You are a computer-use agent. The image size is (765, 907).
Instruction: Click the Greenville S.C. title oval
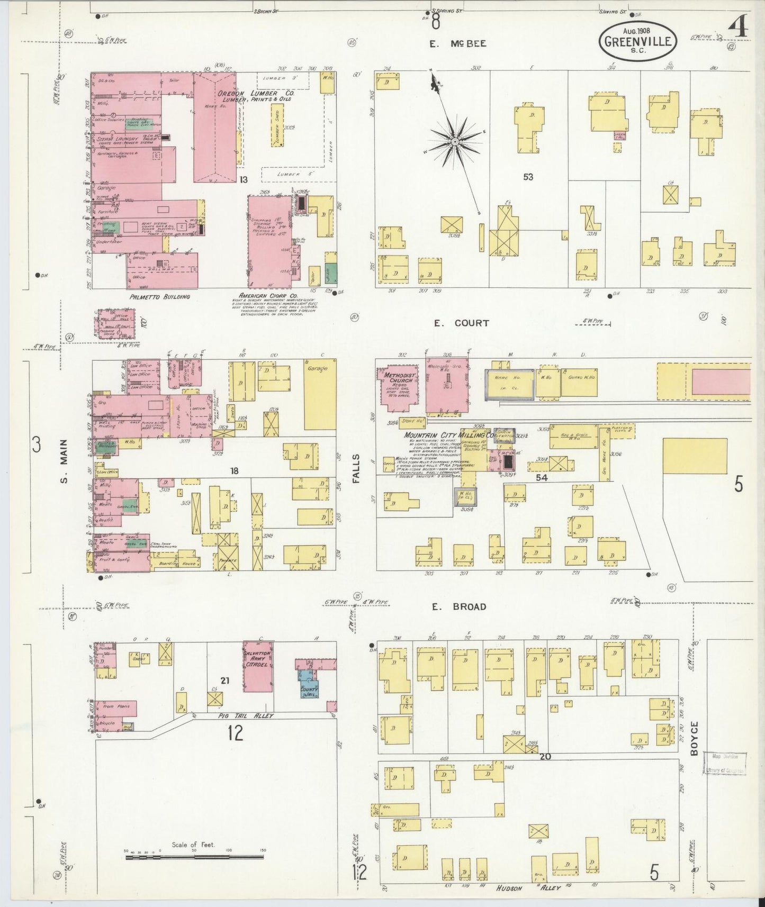638,42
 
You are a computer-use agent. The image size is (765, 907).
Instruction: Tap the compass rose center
454,142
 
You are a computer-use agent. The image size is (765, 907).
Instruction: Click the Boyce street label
695,736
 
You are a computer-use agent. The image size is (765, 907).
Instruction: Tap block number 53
528,177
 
